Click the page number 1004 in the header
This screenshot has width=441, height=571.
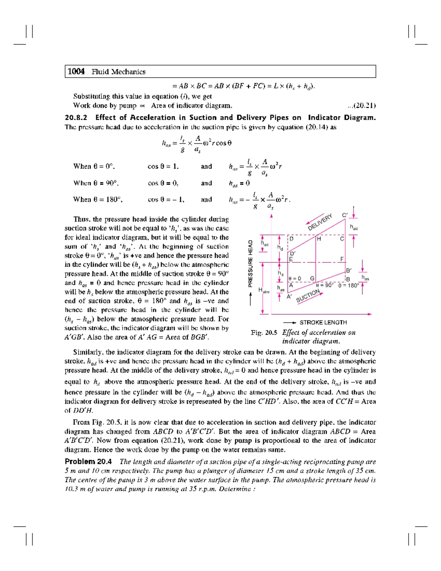(x=76, y=72)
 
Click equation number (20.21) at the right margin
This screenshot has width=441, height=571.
(x=362, y=106)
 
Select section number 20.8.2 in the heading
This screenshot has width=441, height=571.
(x=76, y=118)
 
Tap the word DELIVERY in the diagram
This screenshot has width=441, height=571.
(x=320, y=222)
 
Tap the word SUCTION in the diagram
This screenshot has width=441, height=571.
(x=308, y=296)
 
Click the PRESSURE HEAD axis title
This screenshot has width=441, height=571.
(x=250, y=263)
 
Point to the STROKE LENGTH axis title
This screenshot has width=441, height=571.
(x=323, y=322)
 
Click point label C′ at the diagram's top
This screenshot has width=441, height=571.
(x=344, y=215)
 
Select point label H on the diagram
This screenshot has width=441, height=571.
(x=319, y=239)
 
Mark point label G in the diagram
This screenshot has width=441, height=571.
(x=312, y=278)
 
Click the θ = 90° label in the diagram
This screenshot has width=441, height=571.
(x=325, y=285)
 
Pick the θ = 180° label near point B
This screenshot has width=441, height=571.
(x=348, y=285)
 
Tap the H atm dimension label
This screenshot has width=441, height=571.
(x=264, y=290)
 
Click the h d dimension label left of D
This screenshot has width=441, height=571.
(x=280, y=248)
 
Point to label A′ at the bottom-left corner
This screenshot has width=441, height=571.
(x=289, y=296)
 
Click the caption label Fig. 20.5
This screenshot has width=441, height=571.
(x=264, y=333)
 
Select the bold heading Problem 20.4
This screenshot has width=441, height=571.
(x=88, y=462)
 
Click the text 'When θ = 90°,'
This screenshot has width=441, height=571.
(x=96, y=183)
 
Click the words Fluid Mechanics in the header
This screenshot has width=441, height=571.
(x=118, y=72)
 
